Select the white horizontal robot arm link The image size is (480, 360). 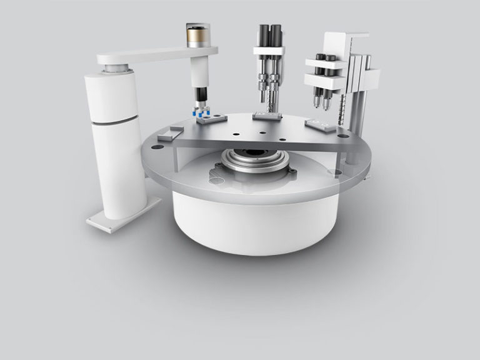point(156,56)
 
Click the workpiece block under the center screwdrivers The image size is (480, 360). point(267,116)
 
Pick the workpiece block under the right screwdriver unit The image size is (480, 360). point(320,125)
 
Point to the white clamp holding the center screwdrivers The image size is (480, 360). point(269,51)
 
